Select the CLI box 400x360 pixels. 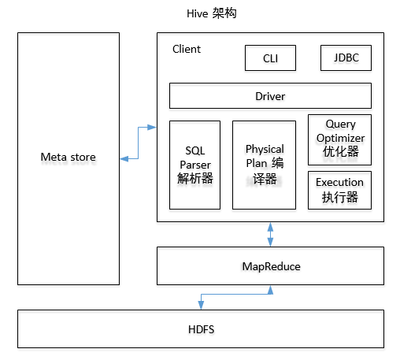pyautogui.click(x=270, y=58)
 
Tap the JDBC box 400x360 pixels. pyautogui.click(x=346, y=58)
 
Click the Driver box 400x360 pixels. pyautogui.click(x=270, y=96)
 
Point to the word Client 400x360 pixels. pyautogui.click(x=187, y=49)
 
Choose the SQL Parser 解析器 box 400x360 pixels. pyautogui.click(x=194, y=165)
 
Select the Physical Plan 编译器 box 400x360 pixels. pyautogui.click(x=264, y=165)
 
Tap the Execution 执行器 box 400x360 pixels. pyautogui.click(x=339, y=190)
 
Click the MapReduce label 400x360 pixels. pyautogui.click(x=270, y=266)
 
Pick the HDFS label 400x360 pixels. pyautogui.click(x=201, y=328)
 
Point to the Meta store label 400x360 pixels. pyautogui.click(x=68, y=157)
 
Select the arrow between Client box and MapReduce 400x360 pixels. pyautogui.click(x=270, y=234)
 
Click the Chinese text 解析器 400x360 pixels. pyautogui.click(x=194, y=178)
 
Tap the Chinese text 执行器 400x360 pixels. pyautogui.click(x=339, y=197)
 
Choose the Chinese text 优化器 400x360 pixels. pyautogui.click(x=339, y=151)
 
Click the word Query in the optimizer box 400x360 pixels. pyautogui.click(x=340, y=124)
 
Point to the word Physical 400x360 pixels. pyautogui.click(x=265, y=150)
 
